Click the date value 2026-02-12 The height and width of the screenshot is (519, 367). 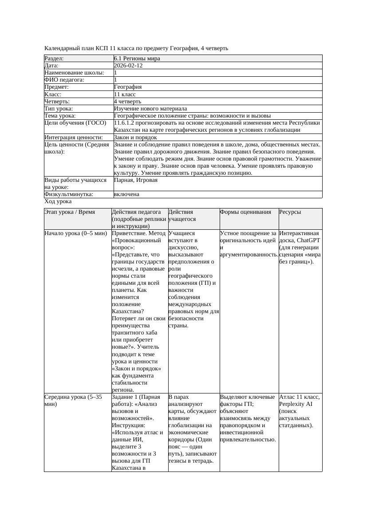click(x=128, y=66)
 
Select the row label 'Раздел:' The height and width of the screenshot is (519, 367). click(x=54, y=59)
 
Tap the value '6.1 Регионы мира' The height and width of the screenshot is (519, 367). click(x=137, y=59)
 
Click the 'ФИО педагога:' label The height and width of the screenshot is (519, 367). click(x=64, y=80)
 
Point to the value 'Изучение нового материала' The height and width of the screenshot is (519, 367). click(x=150, y=108)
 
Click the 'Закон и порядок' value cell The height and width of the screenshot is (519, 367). click(x=135, y=138)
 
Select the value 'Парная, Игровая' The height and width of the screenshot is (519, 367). click(x=135, y=180)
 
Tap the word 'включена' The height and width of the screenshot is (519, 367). click(x=126, y=194)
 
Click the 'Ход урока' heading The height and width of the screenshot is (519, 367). click(x=58, y=201)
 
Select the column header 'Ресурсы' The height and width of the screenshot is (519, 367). click(x=290, y=212)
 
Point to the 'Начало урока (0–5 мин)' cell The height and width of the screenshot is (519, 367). click(x=75, y=233)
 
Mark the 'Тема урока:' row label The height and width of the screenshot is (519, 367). click(x=60, y=115)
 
